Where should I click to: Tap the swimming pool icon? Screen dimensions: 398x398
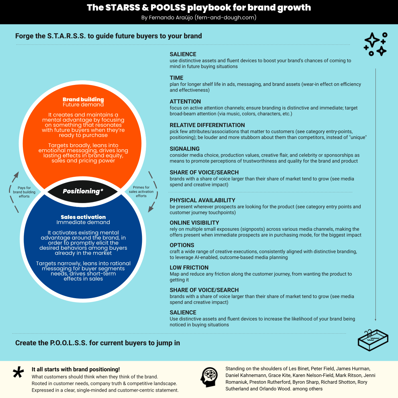(373, 340)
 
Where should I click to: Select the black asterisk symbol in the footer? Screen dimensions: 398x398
(18, 372)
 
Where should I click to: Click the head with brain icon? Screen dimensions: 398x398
(209, 377)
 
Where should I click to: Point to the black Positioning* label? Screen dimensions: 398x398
(83, 191)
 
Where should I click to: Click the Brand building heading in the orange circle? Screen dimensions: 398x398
(83, 99)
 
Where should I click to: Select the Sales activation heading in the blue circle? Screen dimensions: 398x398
(83, 217)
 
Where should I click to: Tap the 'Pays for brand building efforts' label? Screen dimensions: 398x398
(24, 192)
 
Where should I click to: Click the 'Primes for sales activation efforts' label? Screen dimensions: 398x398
(141, 192)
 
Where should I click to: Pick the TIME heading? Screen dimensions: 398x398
(176, 78)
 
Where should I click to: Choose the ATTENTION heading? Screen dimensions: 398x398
(185, 101)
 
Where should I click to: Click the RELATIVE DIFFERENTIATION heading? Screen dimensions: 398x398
(207, 125)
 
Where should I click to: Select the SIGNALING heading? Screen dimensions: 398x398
(185, 149)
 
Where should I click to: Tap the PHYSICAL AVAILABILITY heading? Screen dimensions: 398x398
(202, 200)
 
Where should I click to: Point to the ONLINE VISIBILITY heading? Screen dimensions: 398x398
(194, 223)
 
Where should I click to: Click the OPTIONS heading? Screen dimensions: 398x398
(182, 245)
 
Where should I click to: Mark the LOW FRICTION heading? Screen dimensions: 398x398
(189, 268)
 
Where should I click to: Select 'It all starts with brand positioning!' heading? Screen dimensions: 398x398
(76, 369)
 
